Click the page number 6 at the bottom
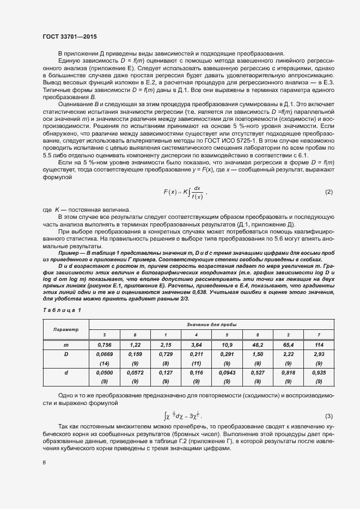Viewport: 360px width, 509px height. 44,462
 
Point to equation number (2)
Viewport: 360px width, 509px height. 328,192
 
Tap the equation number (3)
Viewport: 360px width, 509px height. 328,416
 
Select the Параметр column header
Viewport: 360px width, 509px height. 66,329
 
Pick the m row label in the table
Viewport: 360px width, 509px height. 66,345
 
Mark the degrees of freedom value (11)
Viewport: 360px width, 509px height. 195,363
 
